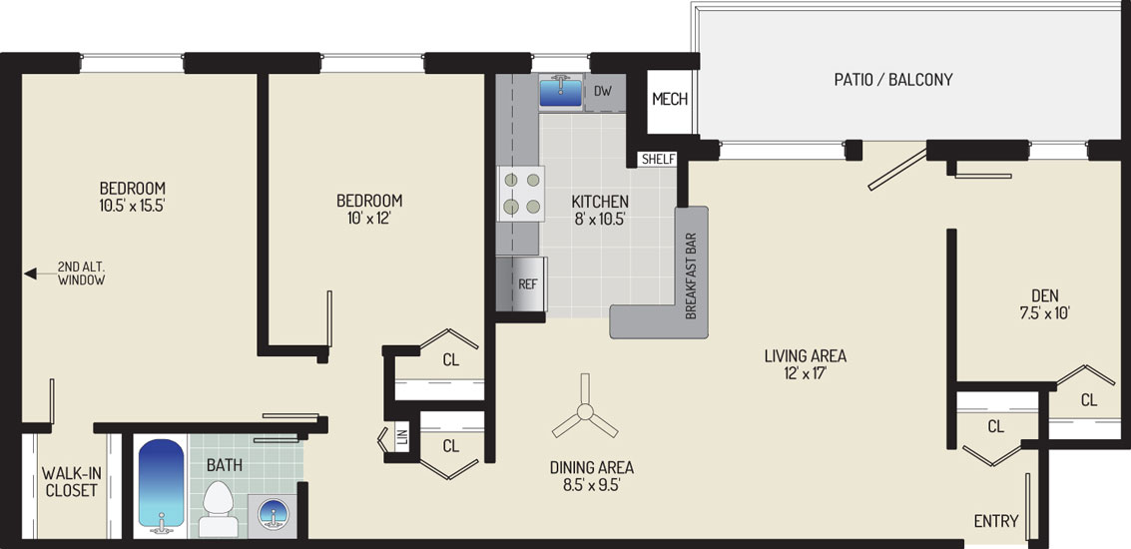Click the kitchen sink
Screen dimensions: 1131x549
(560, 93)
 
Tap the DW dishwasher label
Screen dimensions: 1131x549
(604, 92)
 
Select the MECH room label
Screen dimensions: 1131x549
(670, 100)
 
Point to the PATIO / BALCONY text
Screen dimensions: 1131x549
(893, 80)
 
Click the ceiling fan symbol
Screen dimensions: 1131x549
(585, 412)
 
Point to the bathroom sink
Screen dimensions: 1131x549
(272, 516)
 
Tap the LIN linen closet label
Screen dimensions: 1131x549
(402, 437)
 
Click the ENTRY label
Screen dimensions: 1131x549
(996, 521)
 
